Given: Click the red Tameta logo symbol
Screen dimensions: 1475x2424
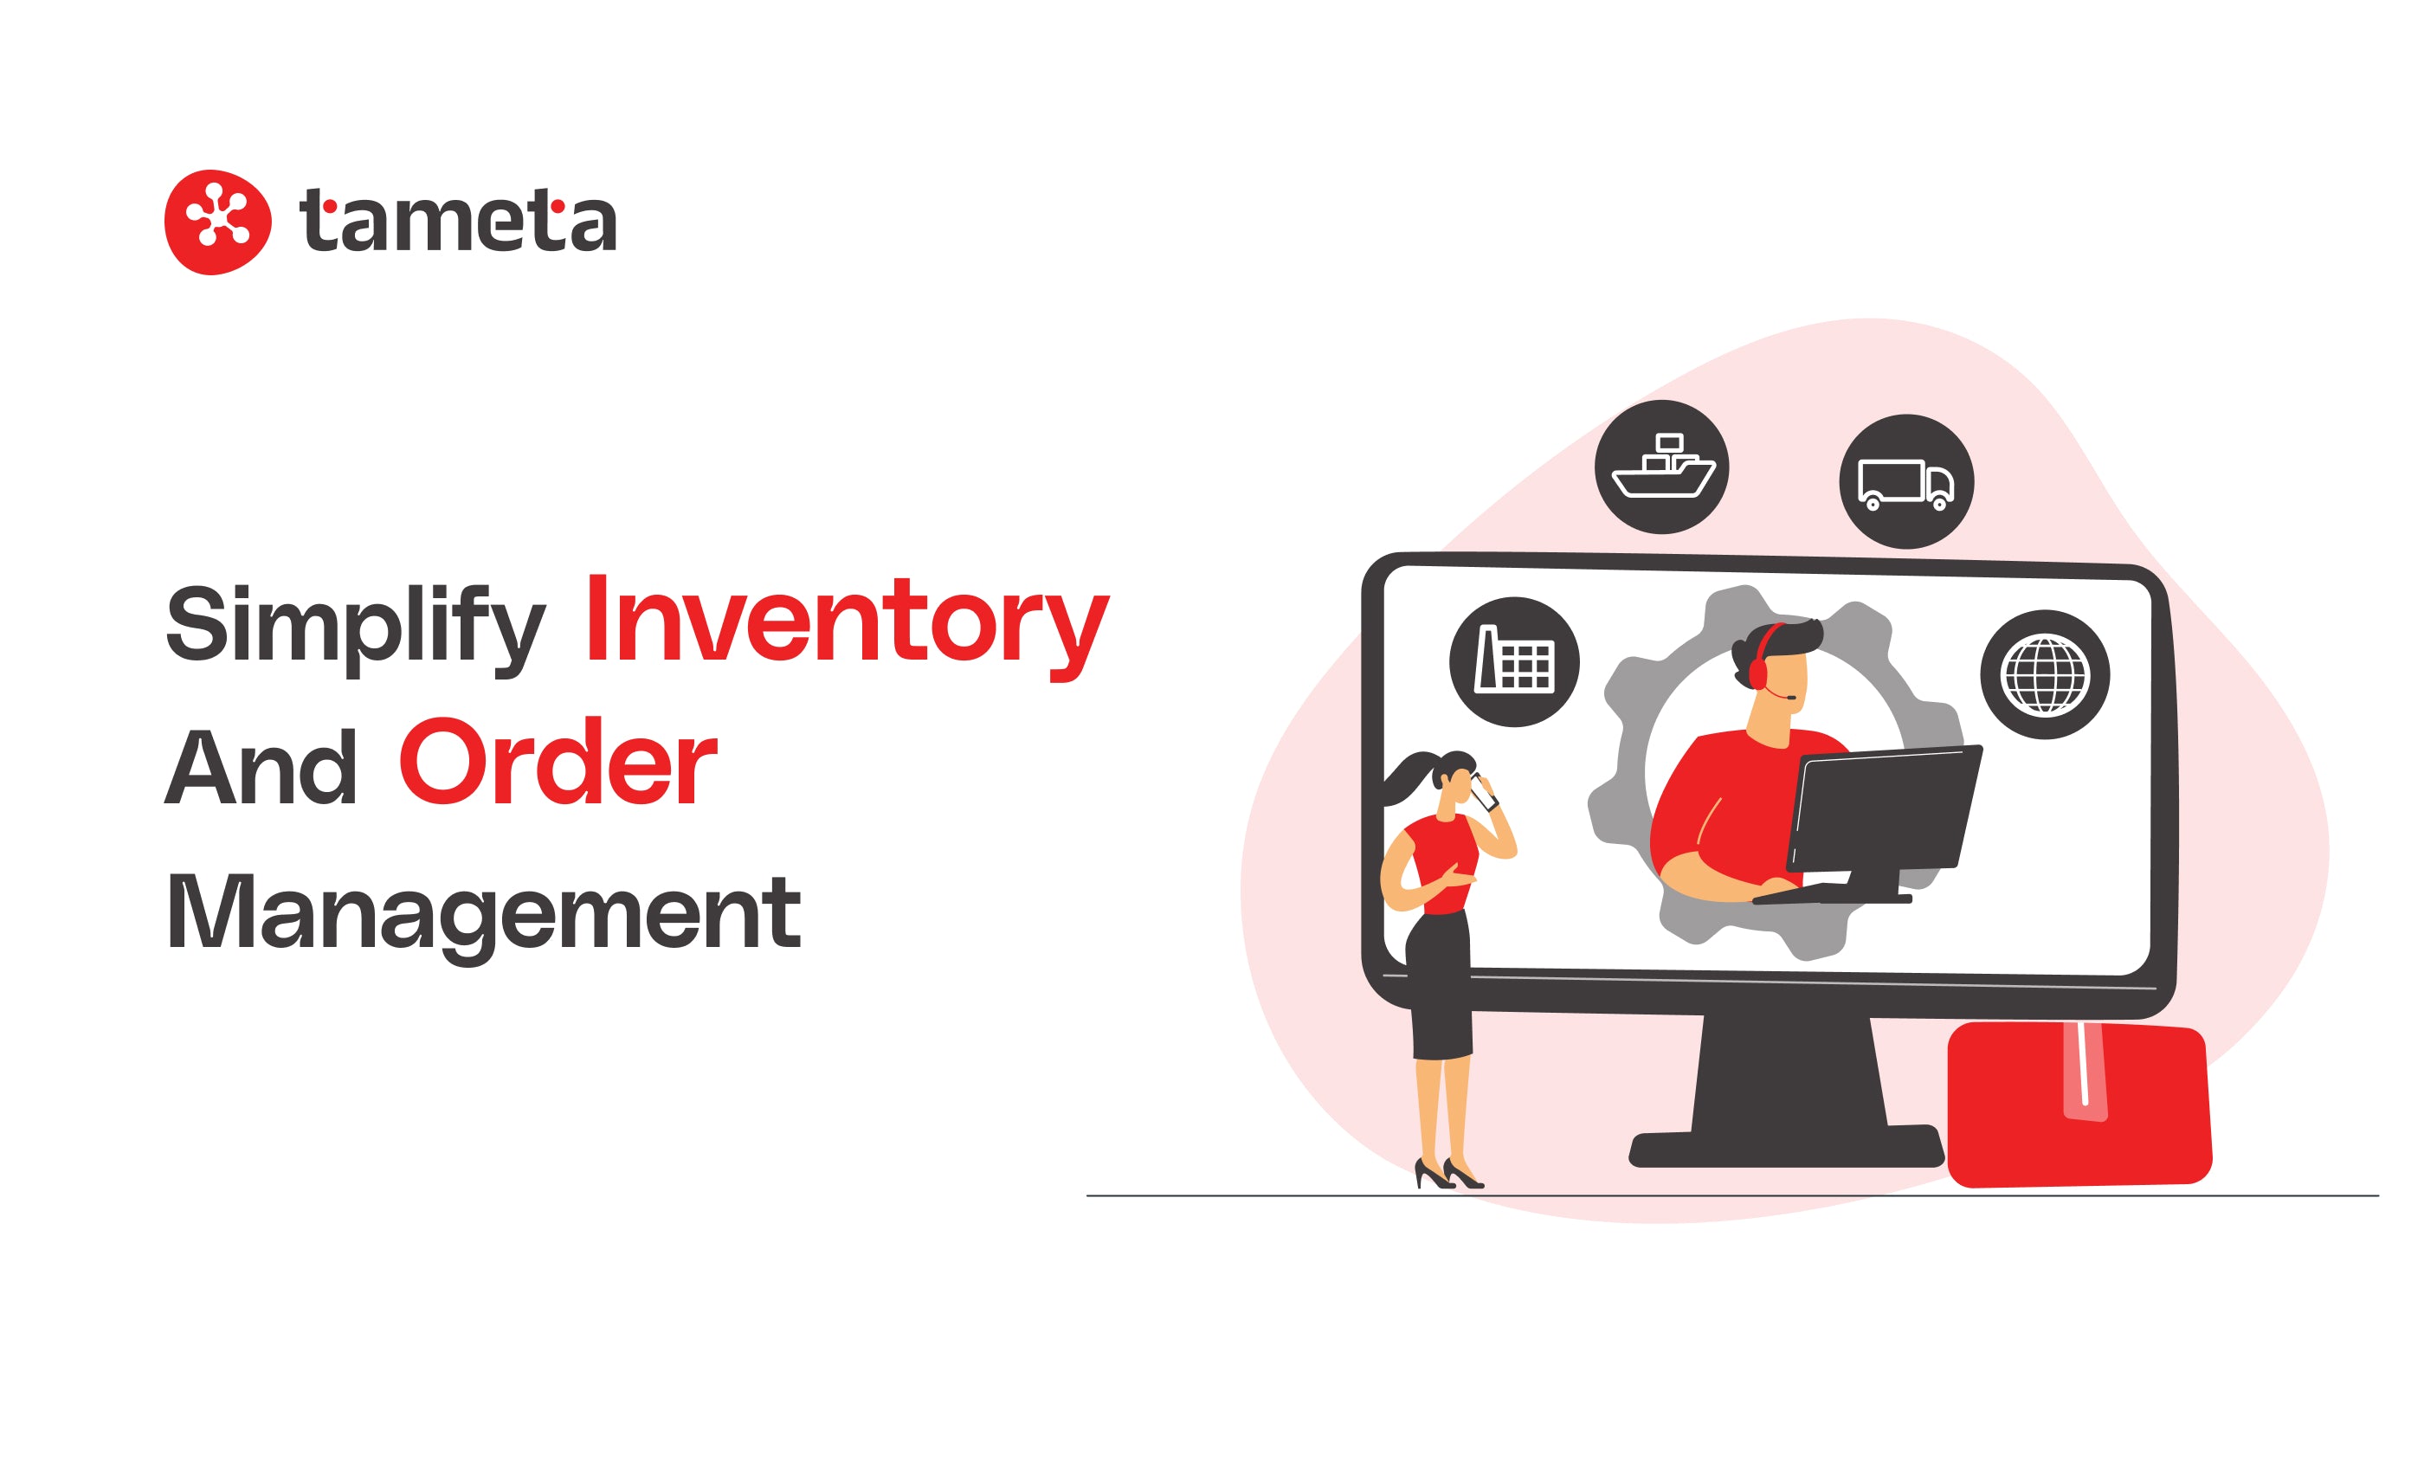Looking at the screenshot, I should (217, 222).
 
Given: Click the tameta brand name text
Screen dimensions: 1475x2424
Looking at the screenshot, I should (457, 220).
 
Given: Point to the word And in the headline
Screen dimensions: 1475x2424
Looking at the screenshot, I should (261, 768).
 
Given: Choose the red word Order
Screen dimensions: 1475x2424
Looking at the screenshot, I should (558, 763).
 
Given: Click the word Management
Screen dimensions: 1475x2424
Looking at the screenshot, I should (484, 912).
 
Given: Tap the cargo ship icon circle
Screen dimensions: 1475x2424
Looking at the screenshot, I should (1661, 467).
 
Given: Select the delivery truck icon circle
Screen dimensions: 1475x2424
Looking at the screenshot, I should (1905, 482).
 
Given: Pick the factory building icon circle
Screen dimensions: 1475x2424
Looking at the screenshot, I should (1514, 662).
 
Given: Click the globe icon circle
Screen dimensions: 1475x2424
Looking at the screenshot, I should (2044, 674).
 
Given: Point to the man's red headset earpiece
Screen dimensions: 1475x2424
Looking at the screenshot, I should (1757, 673).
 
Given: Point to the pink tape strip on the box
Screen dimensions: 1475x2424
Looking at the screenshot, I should (2085, 1072).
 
